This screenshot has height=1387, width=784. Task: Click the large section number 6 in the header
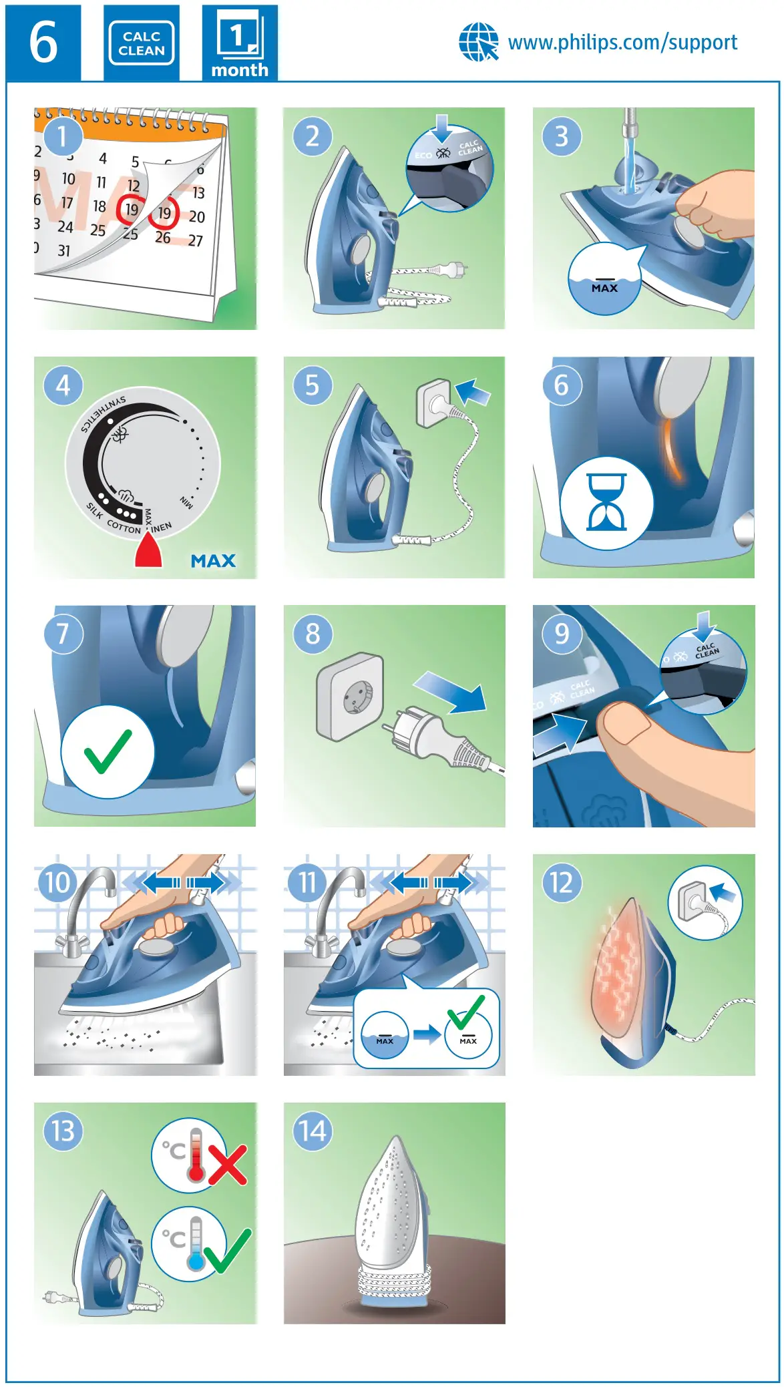(x=43, y=43)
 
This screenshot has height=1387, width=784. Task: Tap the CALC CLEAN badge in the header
(x=141, y=43)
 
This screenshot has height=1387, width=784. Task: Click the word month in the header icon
(x=240, y=70)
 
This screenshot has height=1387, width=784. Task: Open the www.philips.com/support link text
(x=622, y=43)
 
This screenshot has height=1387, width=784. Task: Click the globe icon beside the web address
(x=478, y=42)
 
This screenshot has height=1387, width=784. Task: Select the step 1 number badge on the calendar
(x=62, y=136)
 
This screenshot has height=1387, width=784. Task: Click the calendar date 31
(x=63, y=251)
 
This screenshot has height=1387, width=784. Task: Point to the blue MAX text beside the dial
(x=213, y=561)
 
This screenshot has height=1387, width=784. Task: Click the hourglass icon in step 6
(x=606, y=502)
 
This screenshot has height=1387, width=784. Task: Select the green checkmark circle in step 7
(x=108, y=752)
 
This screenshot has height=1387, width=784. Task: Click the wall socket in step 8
(x=351, y=697)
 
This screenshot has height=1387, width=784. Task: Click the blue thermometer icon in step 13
(x=195, y=1243)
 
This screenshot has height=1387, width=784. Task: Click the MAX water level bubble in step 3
(x=604, y=280)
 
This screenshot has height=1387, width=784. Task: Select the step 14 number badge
(x=313, y=1131)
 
